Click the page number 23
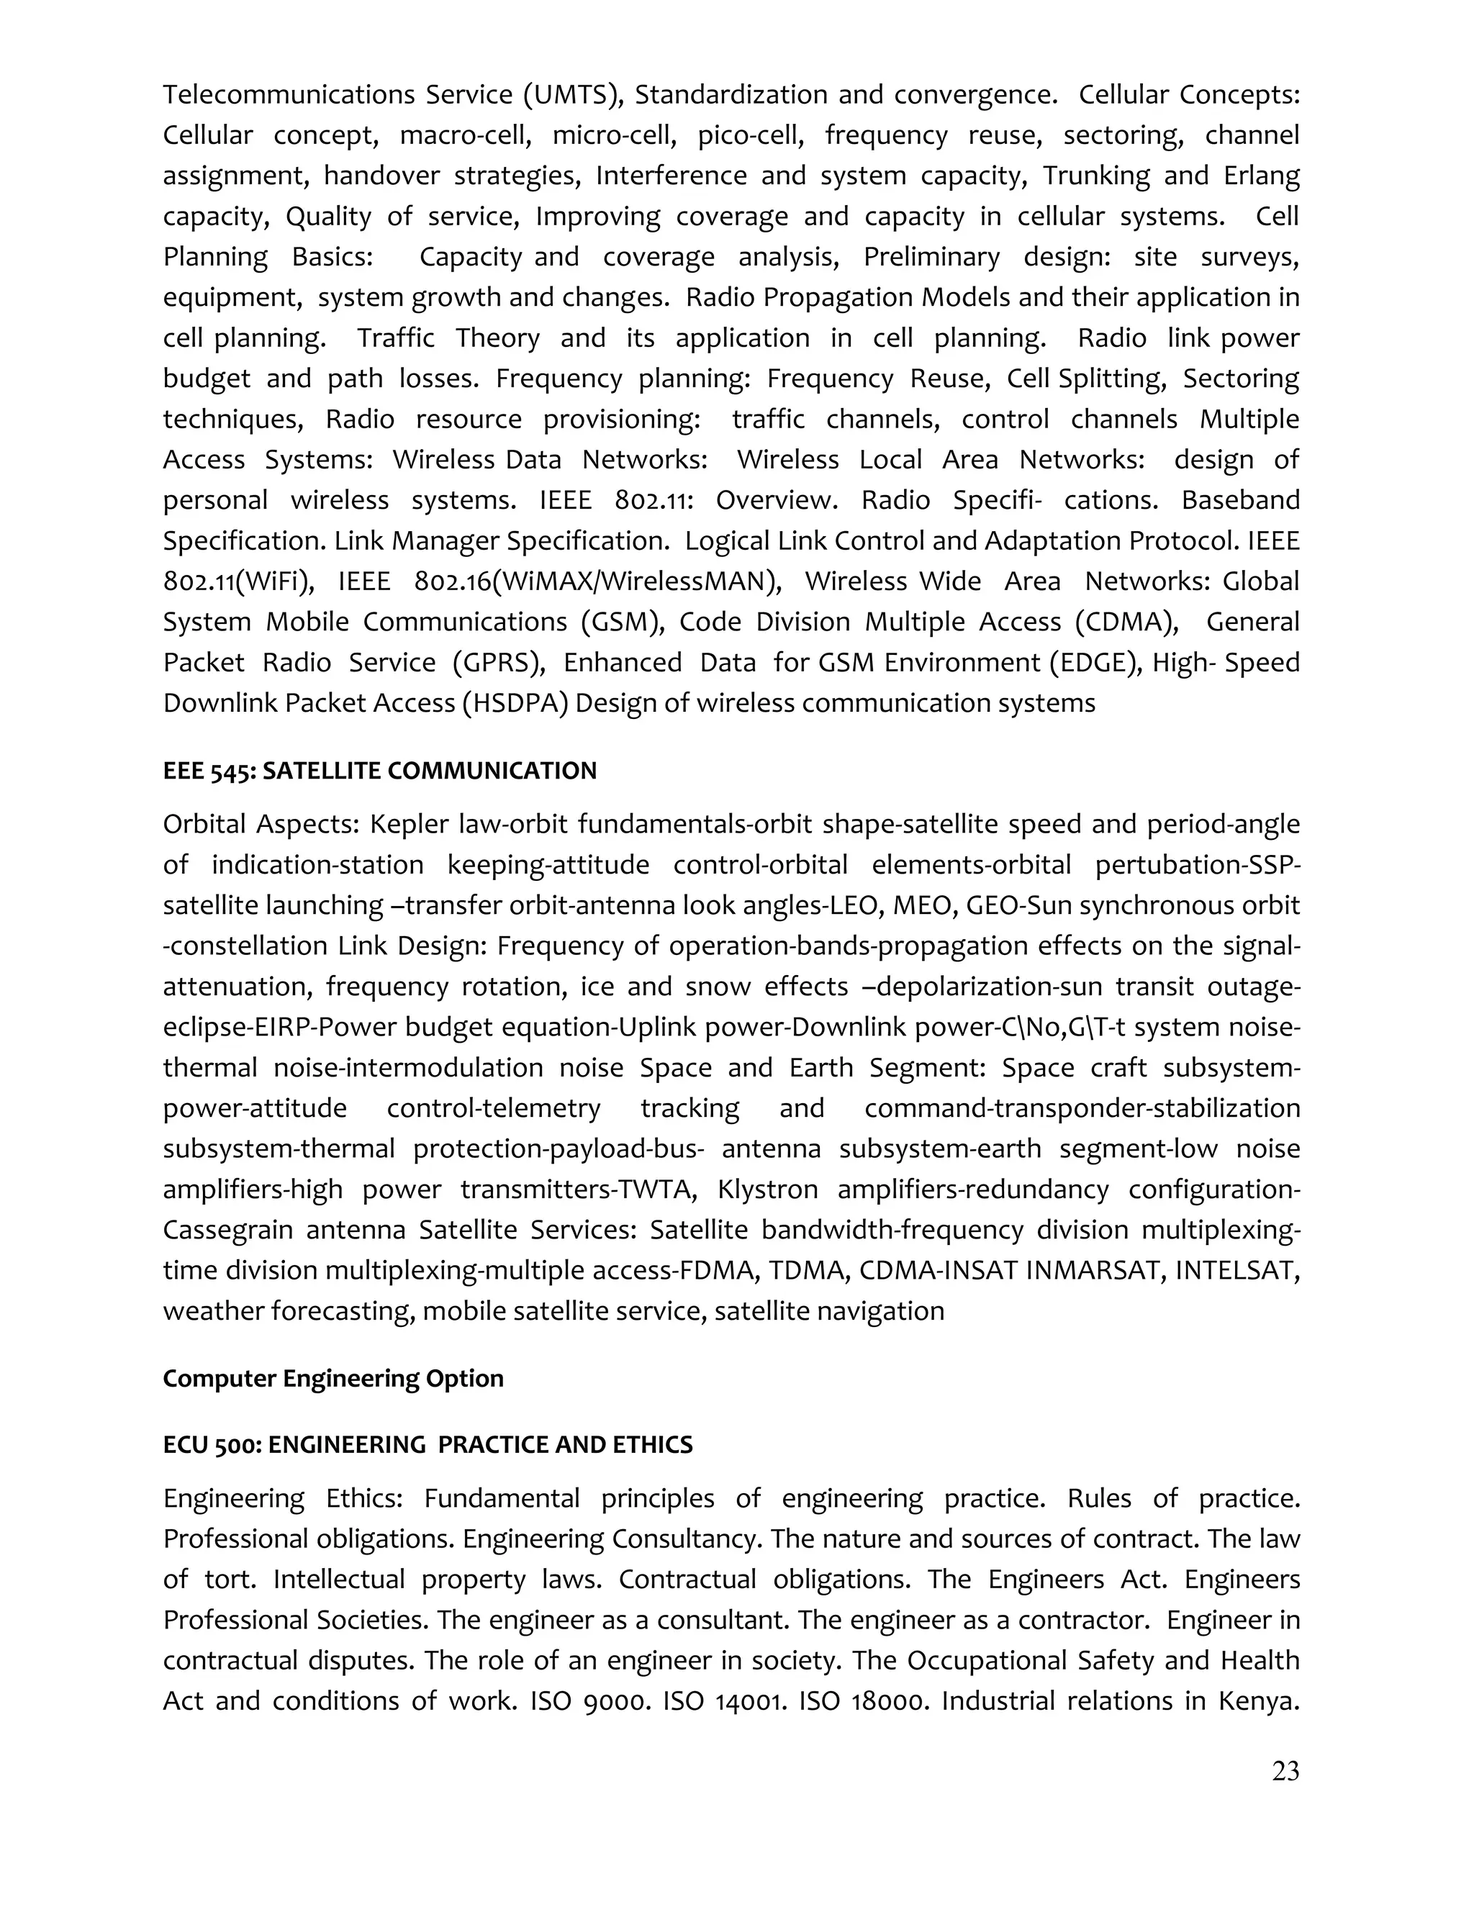pyautogui.click(x=1285, y=1771)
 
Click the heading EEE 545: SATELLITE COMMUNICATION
pyautogui.click(x=380, y=771)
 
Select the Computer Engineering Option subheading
pyautogui.click(x=333, y=1379)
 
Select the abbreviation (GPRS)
pyautogui.click(x=499, y=663)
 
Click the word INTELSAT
pyautogui.click(x=1236, y=1270)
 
